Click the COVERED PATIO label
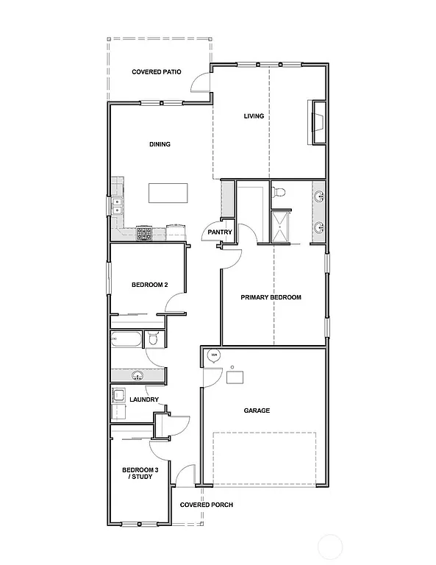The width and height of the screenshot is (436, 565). [157, 72]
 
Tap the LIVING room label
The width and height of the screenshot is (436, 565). [254, 116]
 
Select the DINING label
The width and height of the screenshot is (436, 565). [160, 144]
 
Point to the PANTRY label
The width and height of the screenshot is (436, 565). [220, 232]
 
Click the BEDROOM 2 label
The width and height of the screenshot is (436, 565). [150, 285]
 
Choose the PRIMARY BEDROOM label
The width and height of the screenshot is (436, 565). [271, 297]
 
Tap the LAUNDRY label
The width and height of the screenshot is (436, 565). [144, 399]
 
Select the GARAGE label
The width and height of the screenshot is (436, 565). [257, 411]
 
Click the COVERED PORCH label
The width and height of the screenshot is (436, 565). [207, 505]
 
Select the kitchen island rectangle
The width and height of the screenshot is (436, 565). [168, 193]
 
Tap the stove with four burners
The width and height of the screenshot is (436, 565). [143, 233]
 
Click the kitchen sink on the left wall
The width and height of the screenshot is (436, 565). [117, 205]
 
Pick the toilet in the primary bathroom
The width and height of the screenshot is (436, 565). [278, 193]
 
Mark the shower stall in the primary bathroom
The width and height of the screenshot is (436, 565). [280, 226]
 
